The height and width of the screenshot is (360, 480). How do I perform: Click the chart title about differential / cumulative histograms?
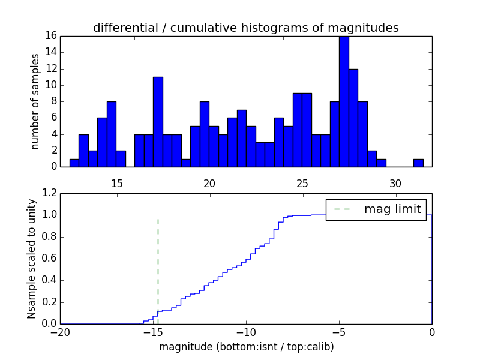(x=245, y=28)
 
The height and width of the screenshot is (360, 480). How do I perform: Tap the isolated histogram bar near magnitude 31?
(x=418, y=163)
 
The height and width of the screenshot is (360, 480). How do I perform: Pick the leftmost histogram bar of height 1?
(x=74, y=163)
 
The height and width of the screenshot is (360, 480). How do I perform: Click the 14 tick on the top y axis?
(x=50, y=52)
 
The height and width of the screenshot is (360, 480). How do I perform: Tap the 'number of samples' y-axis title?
(x=36, y=101)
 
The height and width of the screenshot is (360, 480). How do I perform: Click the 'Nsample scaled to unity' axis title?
(x=32, y=258)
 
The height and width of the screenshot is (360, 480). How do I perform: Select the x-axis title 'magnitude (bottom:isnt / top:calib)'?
(x=246, y=347)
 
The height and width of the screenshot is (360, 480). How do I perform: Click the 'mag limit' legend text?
(x=392, y=209)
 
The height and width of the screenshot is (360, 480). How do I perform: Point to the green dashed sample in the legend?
(x=342, y=209)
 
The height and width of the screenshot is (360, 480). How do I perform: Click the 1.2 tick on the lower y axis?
(x=50, y=193)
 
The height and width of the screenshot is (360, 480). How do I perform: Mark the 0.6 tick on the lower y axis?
(x=50, y=259)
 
